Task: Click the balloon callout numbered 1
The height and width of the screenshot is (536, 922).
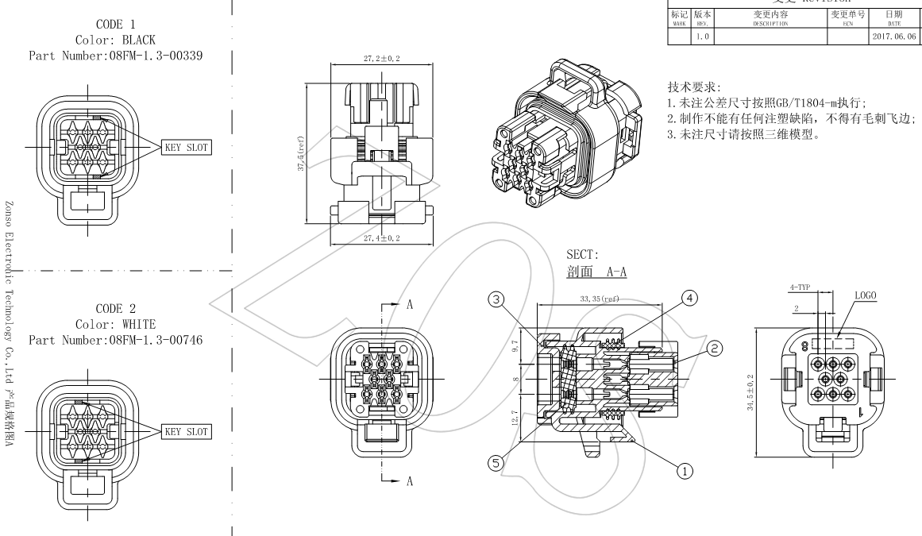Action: point(684,471)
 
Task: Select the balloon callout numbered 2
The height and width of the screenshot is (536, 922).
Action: point(714,347)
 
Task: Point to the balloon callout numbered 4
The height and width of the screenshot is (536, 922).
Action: point(690,299)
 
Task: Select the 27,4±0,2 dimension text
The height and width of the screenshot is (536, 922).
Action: point(382,237)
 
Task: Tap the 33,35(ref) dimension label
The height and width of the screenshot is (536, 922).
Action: point(600,299)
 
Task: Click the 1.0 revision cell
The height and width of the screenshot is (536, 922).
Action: point(701,37)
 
